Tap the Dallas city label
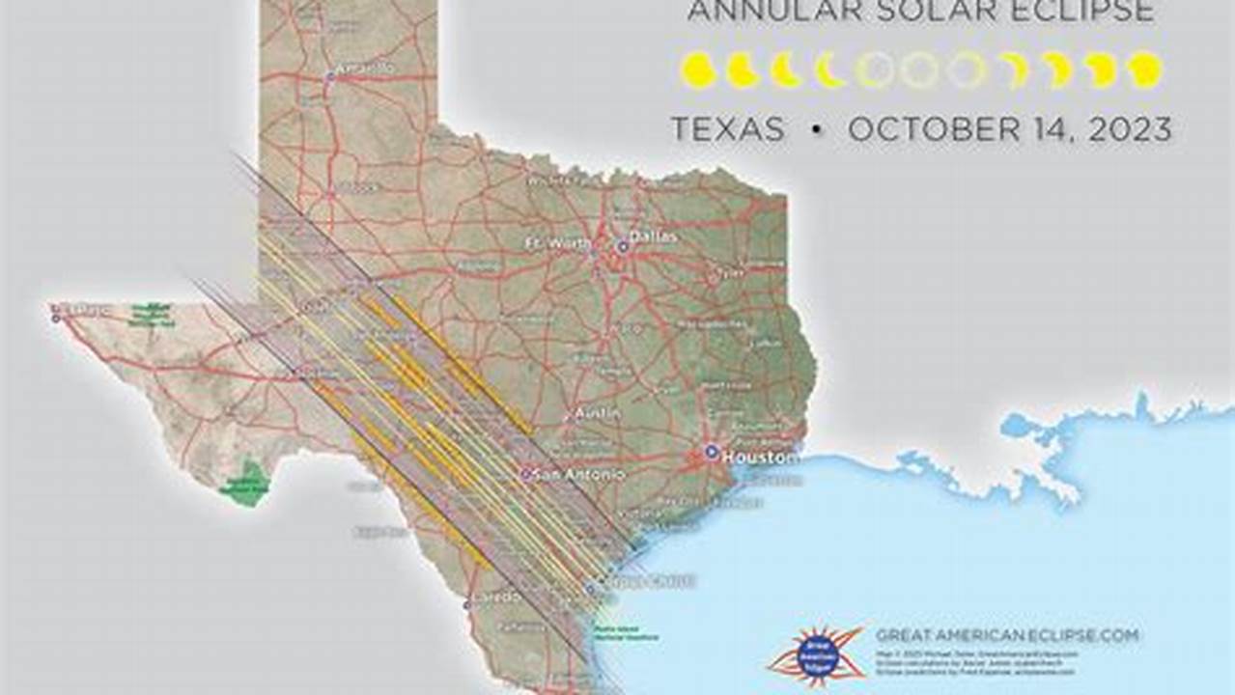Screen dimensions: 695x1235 [x=655, y=236]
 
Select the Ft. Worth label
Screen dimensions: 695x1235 [x=557, y=243]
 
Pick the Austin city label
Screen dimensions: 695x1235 [x=597, y=413]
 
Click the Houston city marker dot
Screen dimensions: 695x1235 [x=712, y=451]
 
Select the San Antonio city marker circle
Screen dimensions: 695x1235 [x=526, y=475]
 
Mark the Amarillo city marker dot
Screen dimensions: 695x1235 [x=329, y=73]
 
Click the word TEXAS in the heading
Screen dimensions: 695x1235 [x=728, y=129]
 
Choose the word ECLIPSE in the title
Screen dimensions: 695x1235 [x=1086, y=12]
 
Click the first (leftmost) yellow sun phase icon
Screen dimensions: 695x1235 [x=697, y=70]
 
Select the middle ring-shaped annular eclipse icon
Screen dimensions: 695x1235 [x=919, y=70]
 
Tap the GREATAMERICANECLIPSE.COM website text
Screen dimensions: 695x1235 [x=1007, y=635]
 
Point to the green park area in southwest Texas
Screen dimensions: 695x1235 [x=247, y=483]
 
